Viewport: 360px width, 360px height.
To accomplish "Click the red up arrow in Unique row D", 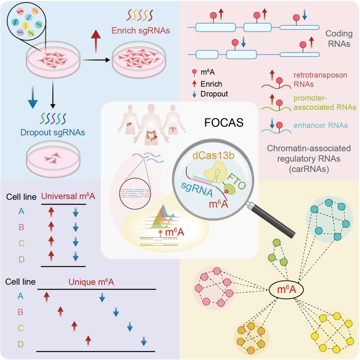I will tap(88, 341).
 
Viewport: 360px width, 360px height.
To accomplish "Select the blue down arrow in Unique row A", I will tap(102, 297).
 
